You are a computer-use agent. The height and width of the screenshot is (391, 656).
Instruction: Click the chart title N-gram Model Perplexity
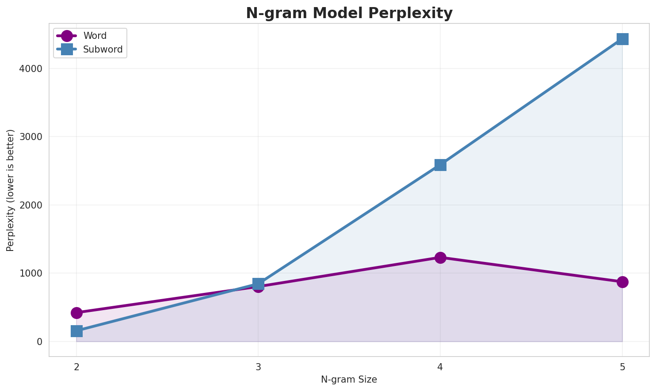(349, 13)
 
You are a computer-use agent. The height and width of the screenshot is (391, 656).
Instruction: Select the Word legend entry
(95, 36)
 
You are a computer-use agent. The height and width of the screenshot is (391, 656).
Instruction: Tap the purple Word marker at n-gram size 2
(76, 313)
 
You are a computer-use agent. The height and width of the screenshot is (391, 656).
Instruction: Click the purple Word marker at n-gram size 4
(440, 258)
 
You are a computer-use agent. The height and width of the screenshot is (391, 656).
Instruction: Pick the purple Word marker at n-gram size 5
(622, 282)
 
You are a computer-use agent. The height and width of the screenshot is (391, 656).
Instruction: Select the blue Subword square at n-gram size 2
(76, 331)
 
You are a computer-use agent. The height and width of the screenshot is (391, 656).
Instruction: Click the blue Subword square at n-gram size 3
(259, 283)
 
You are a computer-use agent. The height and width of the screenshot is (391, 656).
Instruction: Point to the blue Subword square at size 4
(440, 165)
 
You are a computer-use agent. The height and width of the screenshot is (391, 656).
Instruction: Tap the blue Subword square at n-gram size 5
(622, 39)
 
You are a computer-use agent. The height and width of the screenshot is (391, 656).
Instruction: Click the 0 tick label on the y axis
(39, 342)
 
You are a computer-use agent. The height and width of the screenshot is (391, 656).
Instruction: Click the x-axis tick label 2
(76, 366)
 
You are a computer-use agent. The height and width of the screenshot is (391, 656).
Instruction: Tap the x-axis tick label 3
(259, 366)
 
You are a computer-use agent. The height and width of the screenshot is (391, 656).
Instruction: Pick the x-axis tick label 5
(622, 366)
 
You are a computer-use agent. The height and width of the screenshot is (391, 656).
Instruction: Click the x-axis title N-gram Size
(349, 380)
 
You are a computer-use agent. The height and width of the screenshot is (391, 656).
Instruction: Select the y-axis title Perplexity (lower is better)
(11, 190)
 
